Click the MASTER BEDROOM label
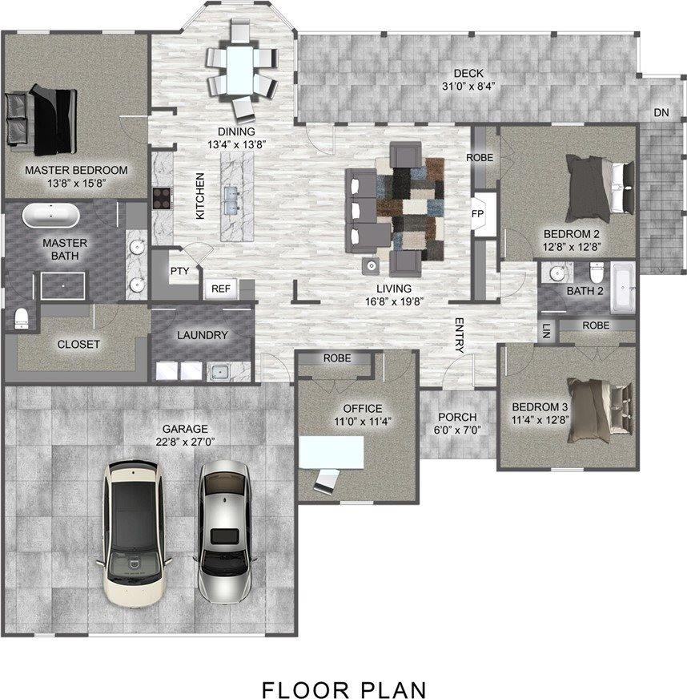click(76, 170)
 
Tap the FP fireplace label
click(477, 214)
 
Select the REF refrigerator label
click(221, 289)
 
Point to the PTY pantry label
click(180, 271)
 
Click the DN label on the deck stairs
click(661, 113)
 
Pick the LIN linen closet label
click(547, 331)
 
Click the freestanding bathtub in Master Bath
click(51, 216)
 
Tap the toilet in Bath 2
click(597, 272)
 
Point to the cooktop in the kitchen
click(162, 198)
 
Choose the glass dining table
click(240, 71)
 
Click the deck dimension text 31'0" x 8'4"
click(468, 86)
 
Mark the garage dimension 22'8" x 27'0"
click(185, 442)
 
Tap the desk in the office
click(331, 452)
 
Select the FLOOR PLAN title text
click(343, 681)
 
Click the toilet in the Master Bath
click(22, 319)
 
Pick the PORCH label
click(457, 417)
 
